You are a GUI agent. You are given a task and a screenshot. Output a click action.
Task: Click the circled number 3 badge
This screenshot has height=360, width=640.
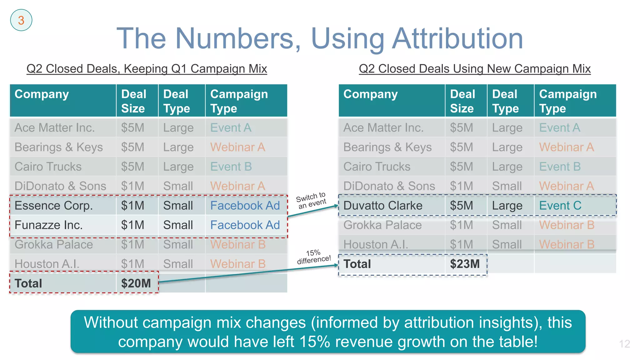[x=21, y=20]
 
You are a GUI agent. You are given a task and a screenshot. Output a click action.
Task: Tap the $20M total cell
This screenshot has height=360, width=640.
[x=136, y=283]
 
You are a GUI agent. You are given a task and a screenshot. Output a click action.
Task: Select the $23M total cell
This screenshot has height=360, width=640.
[x=465, y=264]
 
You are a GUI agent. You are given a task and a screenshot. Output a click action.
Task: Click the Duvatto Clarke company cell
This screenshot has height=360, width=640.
[x=383, y=206]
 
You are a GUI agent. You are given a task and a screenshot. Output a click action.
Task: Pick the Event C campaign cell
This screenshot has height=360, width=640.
[x=560, y=206]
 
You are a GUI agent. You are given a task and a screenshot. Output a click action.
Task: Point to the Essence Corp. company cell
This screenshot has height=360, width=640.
[x=54, y=206]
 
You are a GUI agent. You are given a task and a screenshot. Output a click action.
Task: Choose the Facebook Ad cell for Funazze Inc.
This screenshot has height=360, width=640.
[x=245, y=225]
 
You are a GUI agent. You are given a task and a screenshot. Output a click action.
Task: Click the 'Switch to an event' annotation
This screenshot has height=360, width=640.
[x=311, y=201]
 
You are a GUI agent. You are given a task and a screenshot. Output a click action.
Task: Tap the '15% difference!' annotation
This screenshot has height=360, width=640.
[x=314, y=257]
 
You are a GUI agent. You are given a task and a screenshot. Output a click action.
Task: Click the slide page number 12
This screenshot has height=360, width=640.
[x=624, y=344]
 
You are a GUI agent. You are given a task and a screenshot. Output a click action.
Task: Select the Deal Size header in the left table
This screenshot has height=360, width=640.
[x=134, y=101]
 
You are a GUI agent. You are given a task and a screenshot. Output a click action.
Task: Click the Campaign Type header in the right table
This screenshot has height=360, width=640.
[x=568, y=101]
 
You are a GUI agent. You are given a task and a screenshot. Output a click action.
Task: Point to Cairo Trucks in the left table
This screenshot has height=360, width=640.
[x=48, y=167]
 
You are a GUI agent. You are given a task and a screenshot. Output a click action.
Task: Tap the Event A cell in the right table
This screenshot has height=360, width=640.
[x=559, y=128]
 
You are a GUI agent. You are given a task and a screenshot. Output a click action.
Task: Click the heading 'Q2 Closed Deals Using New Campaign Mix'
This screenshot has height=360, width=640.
[x=475, y=69]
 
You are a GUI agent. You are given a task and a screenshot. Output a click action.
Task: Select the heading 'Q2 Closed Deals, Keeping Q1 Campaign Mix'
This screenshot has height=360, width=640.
[x=147, y=69]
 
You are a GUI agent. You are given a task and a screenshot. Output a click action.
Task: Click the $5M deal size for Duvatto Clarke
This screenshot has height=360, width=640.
[x=461, y=206]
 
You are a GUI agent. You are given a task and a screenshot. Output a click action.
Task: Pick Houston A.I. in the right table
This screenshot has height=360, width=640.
[x=376, y=244]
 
